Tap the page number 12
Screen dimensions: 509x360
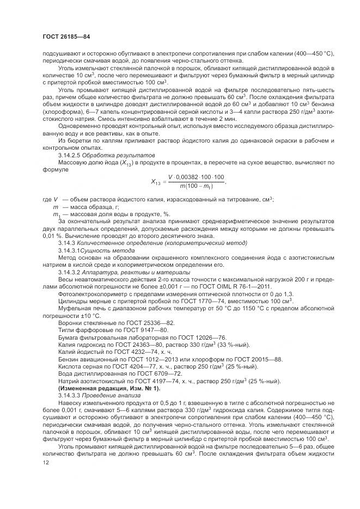coord(45,462)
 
